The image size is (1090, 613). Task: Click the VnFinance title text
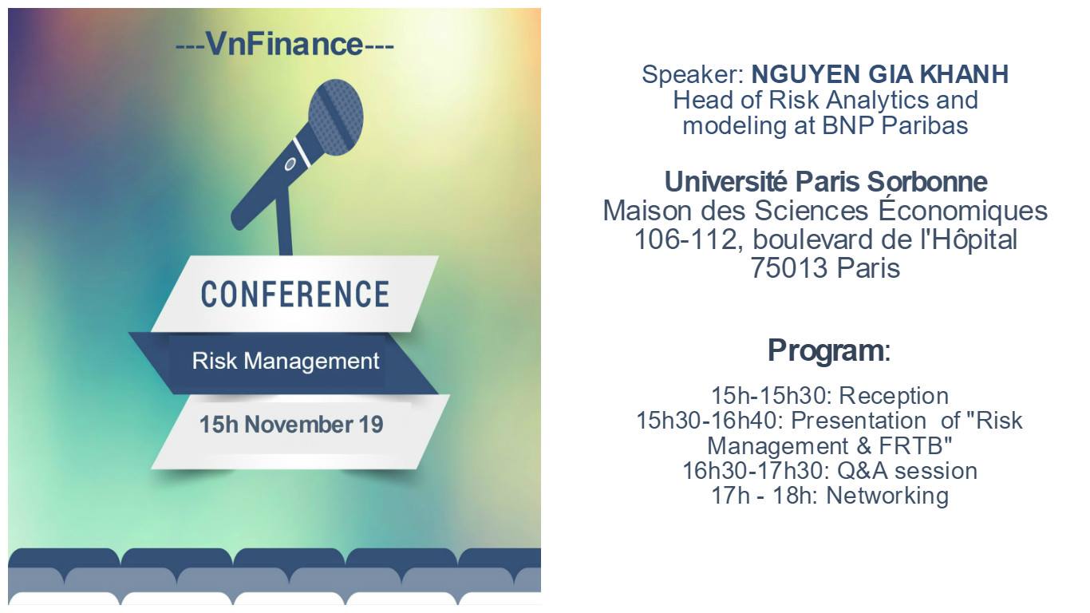coord(285,44)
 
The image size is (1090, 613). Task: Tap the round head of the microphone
coord(336,117)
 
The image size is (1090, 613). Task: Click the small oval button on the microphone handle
coord(290,164)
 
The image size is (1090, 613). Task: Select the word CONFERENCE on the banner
coord(295,294)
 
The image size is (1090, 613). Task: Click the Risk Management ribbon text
coord(286,362)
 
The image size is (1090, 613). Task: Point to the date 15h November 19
coord(291,424)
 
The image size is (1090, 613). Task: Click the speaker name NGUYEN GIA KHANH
coord(880,74)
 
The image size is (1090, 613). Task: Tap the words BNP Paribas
coord(895,125)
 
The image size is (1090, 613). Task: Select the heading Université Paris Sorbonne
coord(826,182)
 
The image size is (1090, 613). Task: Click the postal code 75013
coord(789,268)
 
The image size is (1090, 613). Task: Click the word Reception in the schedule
coord(894,395)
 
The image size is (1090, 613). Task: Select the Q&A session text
coord(907,471)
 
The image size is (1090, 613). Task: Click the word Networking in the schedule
coord(887,496)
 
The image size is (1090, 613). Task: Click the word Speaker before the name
coord(693,75)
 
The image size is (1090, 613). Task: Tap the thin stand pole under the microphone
coord(284,222)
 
